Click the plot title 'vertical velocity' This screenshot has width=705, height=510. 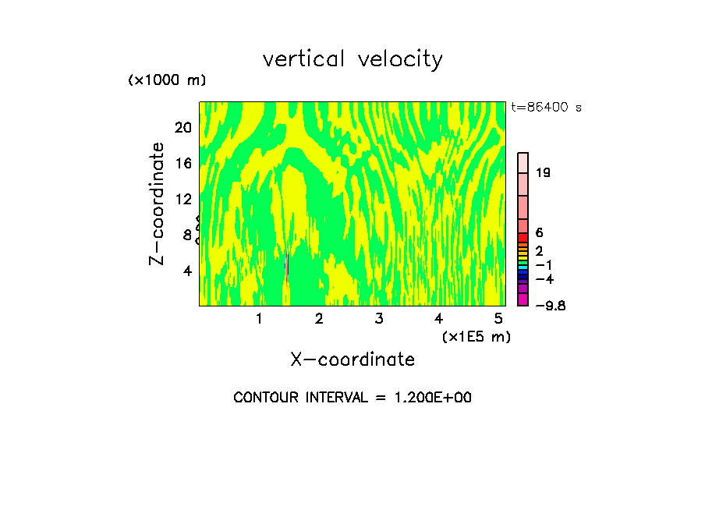point(352,59)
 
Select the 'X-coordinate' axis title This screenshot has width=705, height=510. point(352,359)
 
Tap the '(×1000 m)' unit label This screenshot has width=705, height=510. point(167,80)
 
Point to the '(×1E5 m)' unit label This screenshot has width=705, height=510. point(476,337)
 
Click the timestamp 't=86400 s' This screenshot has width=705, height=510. point(546,108)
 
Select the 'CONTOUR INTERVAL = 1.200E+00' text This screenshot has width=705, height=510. point(352,398)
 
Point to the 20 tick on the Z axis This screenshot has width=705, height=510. point(182,127)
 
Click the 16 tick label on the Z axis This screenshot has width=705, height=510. point(182,163)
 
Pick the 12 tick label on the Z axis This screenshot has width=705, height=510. point(182,199)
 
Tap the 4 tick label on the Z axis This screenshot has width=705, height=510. point(187,271)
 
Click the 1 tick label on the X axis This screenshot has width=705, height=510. point(259,319)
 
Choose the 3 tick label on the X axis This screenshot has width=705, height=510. point(378,319)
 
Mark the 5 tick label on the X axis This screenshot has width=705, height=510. point(498,319)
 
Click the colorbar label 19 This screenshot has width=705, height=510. point(544,172)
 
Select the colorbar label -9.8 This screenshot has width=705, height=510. point(551,306)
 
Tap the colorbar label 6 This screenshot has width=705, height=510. point(539,233)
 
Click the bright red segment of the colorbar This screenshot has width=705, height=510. point(523,237)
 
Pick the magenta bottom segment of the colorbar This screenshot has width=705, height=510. point(523,300)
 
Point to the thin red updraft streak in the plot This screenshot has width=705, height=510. point(287,267)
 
